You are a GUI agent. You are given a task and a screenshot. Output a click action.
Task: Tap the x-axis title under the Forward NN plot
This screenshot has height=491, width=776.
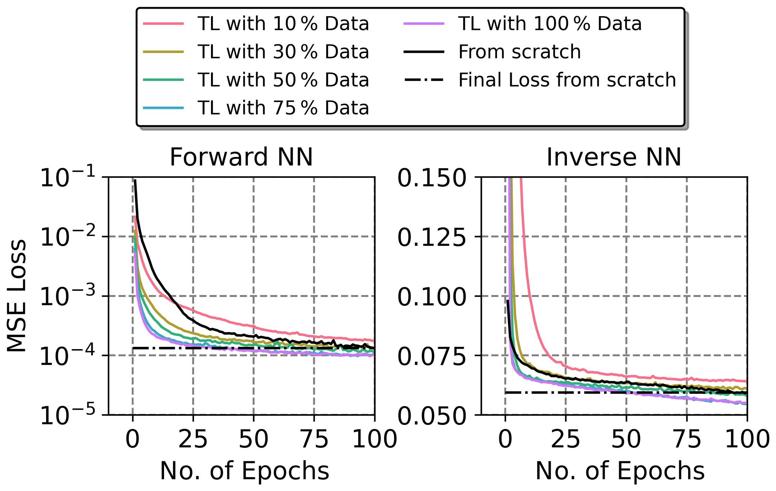click(244, 471)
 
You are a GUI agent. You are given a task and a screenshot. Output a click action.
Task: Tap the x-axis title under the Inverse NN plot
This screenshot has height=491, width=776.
click(620, 471)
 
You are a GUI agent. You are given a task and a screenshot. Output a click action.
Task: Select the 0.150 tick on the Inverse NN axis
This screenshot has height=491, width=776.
click(431, 178)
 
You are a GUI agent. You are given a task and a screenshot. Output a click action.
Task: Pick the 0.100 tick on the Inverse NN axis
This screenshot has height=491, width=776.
click(431, 297)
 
